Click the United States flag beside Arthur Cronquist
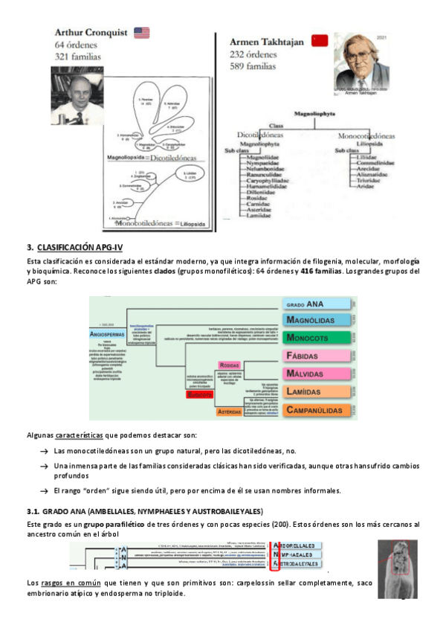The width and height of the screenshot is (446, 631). coord(140,33)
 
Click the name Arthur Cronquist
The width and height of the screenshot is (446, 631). coord(92,33)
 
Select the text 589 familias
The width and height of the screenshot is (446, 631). coord(252,65)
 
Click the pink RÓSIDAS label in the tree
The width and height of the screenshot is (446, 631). coord(228,365)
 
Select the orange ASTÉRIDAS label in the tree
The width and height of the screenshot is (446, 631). coord(228,411)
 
